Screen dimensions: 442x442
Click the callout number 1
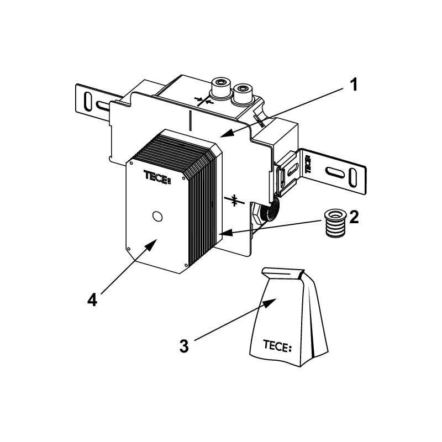coord(354,85)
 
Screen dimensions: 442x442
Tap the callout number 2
coord(354,217)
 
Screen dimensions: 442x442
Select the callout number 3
coord(184,346)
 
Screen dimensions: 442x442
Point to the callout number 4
coord(92,299)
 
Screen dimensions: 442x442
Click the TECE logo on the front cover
coord(157,177)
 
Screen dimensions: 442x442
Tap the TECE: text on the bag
coord(277,346)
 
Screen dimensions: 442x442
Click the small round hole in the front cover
coord(157,216)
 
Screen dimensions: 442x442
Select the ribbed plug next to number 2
coord(335,223)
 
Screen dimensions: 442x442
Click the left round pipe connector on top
coord(221,87)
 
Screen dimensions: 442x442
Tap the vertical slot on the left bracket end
coord(88,102)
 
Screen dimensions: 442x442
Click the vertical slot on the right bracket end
coord(352,177)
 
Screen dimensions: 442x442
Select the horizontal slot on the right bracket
coord(335,172)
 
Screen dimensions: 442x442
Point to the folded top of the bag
coord(283,273)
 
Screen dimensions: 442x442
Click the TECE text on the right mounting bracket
coord(308,164)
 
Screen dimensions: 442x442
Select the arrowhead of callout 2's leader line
coord(225,233)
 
